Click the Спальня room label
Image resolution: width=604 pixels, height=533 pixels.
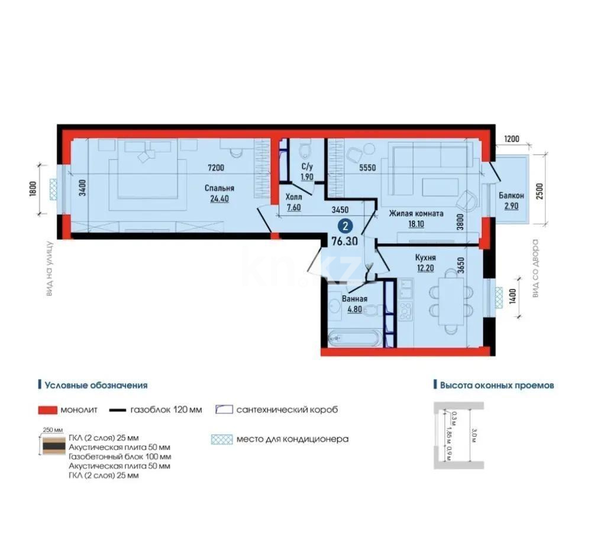219,188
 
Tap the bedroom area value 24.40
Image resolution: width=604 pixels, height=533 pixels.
219,199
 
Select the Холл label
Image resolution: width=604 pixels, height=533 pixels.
294,197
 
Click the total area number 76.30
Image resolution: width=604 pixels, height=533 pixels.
344,241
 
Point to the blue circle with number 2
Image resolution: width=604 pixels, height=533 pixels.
344,226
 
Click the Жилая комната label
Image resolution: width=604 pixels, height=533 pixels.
416,214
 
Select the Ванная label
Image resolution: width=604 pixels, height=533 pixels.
355,299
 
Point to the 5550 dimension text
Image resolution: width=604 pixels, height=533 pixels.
367,168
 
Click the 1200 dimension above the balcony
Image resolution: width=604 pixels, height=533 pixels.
512,139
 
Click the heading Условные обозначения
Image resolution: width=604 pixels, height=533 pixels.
95,385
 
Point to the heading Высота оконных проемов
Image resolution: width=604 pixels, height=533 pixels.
497,385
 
